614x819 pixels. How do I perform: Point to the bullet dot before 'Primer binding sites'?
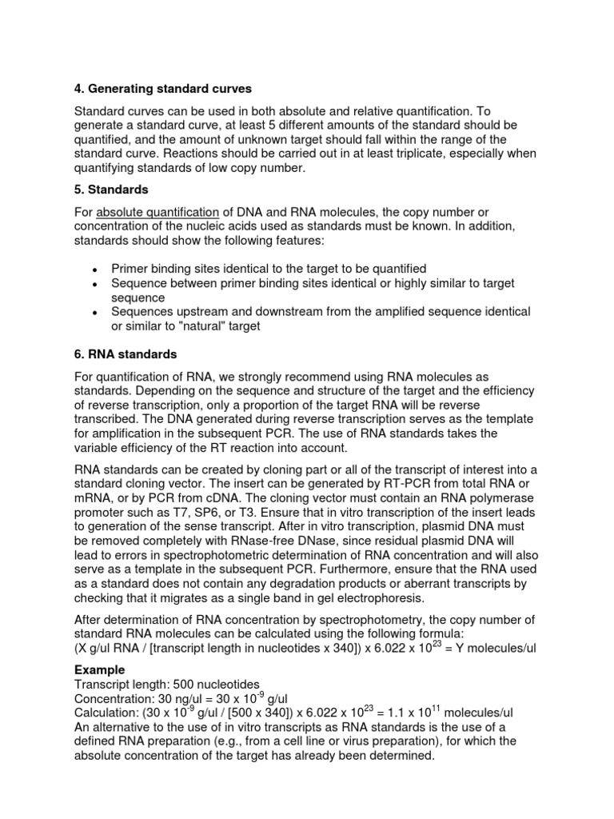click(x=94, y=270)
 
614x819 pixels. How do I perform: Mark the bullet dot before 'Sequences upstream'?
click(x=94, y=312)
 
